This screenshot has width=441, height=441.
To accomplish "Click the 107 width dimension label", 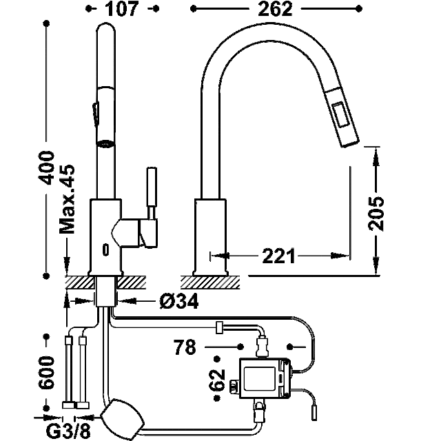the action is click(122, 9).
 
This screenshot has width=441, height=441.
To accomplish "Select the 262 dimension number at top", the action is click(275, 9).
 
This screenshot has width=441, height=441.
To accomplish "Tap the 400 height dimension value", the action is click(47, 167).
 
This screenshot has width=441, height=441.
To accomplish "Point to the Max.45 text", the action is click(67, 199).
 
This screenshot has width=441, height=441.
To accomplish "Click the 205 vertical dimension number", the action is click(376, 213).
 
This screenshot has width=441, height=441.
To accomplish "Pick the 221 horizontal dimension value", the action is click(278, 256).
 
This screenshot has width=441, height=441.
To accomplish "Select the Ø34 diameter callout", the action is click(179, 301).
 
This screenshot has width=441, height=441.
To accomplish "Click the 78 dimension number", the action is click(185, 347).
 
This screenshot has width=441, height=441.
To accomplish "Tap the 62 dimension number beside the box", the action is click(218, 380).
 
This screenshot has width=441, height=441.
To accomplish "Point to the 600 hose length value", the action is click(46, 372).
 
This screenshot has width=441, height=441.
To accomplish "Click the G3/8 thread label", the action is click(68, 431).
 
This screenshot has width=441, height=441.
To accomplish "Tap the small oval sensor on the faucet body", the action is click(105, 249).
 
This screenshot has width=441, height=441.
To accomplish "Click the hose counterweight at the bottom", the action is click(123, 418).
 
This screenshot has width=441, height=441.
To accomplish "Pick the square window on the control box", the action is click(259, 378).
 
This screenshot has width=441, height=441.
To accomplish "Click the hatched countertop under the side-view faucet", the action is click(210, 283).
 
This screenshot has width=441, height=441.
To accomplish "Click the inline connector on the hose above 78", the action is click(219, 327).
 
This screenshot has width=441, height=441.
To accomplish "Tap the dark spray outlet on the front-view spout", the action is click(105, 144).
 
